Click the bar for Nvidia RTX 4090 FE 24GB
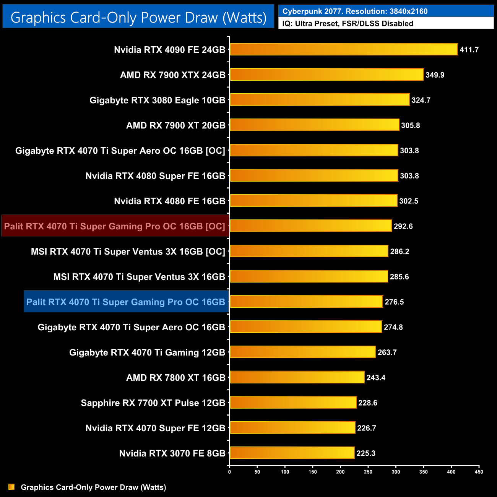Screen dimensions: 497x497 344,49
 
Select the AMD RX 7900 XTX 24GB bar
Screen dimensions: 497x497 327,75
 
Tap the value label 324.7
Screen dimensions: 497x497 421,100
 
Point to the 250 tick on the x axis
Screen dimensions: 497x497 368,472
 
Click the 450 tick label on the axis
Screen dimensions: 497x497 479,472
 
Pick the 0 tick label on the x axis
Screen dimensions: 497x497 229,472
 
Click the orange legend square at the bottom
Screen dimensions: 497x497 11,487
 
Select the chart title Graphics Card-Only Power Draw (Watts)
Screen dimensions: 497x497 138,17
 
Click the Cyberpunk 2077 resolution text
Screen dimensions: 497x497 355,11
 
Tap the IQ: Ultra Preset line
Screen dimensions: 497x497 348,23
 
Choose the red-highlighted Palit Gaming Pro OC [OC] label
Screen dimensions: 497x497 115,226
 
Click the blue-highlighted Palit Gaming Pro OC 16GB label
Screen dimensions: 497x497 126,302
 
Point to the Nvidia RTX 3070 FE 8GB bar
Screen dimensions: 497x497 292,453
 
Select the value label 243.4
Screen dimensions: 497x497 376,377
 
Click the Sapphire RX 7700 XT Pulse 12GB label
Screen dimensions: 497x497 153,403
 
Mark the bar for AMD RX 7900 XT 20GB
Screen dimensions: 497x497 314,125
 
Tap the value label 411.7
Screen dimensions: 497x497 469,50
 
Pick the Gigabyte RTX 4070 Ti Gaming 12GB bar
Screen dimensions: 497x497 303,352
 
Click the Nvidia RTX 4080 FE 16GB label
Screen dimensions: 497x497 170,201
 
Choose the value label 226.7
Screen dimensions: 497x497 367,428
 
